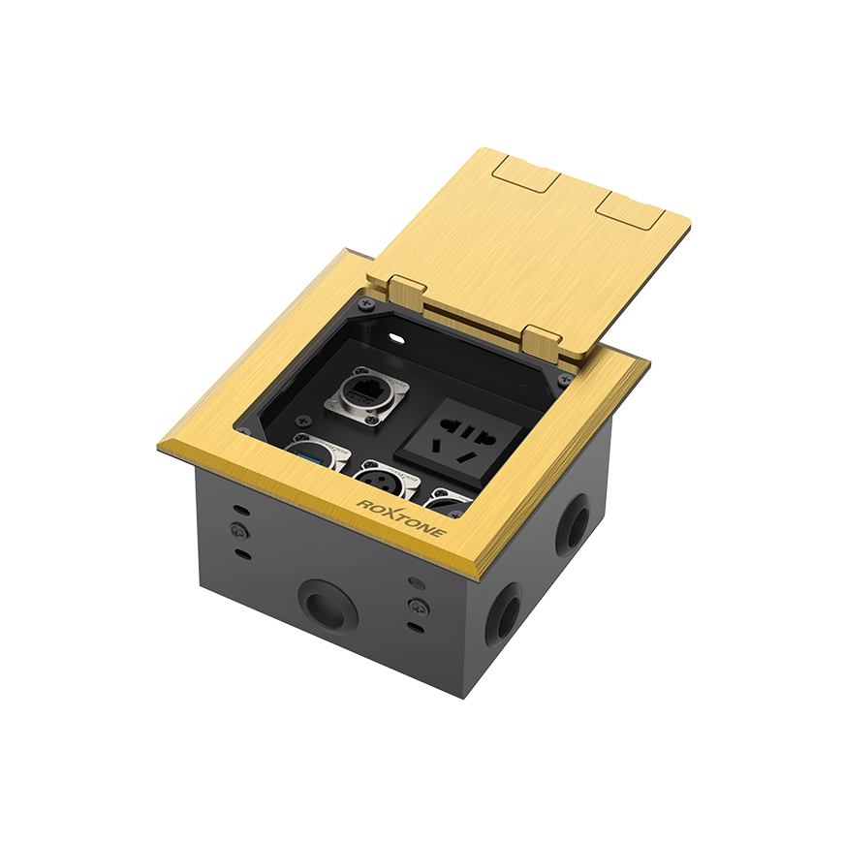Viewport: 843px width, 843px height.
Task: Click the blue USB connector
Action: click(x=312, y=453)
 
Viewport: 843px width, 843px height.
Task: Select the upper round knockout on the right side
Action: click(x=578, y=526)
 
